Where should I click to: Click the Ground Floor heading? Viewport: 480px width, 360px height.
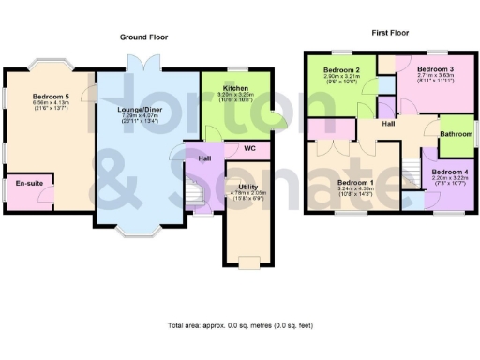point(143,37)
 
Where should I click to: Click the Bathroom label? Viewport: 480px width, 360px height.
point(457,134)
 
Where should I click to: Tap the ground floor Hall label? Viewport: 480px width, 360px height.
point(204,158)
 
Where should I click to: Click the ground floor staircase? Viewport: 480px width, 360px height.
point(193,194)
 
